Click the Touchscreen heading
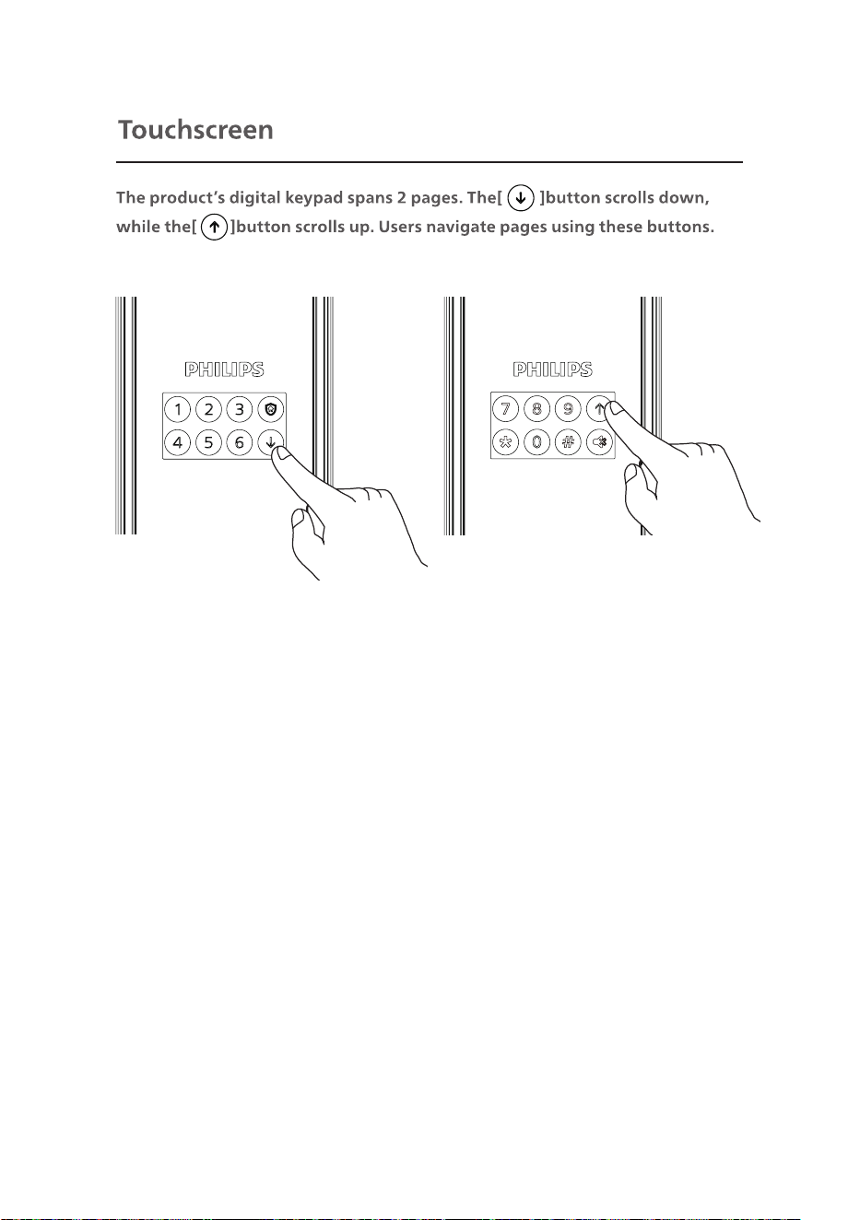(195, 130)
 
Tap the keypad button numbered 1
(177, 409)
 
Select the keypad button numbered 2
(208, 409)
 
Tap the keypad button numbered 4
(177, 442)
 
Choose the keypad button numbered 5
(208, 442)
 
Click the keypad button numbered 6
(240, 442)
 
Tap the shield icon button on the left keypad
(270, 409)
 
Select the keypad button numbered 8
(536, 408)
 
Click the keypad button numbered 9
(568, 408)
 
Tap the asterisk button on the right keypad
(506, 441)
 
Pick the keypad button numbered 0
(536, 441)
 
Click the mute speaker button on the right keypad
(599, 441)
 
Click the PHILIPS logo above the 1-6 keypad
(224, 370)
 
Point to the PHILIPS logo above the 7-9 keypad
(552, 370)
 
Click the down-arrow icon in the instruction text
(521, 198)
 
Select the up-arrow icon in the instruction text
(214, 227)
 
